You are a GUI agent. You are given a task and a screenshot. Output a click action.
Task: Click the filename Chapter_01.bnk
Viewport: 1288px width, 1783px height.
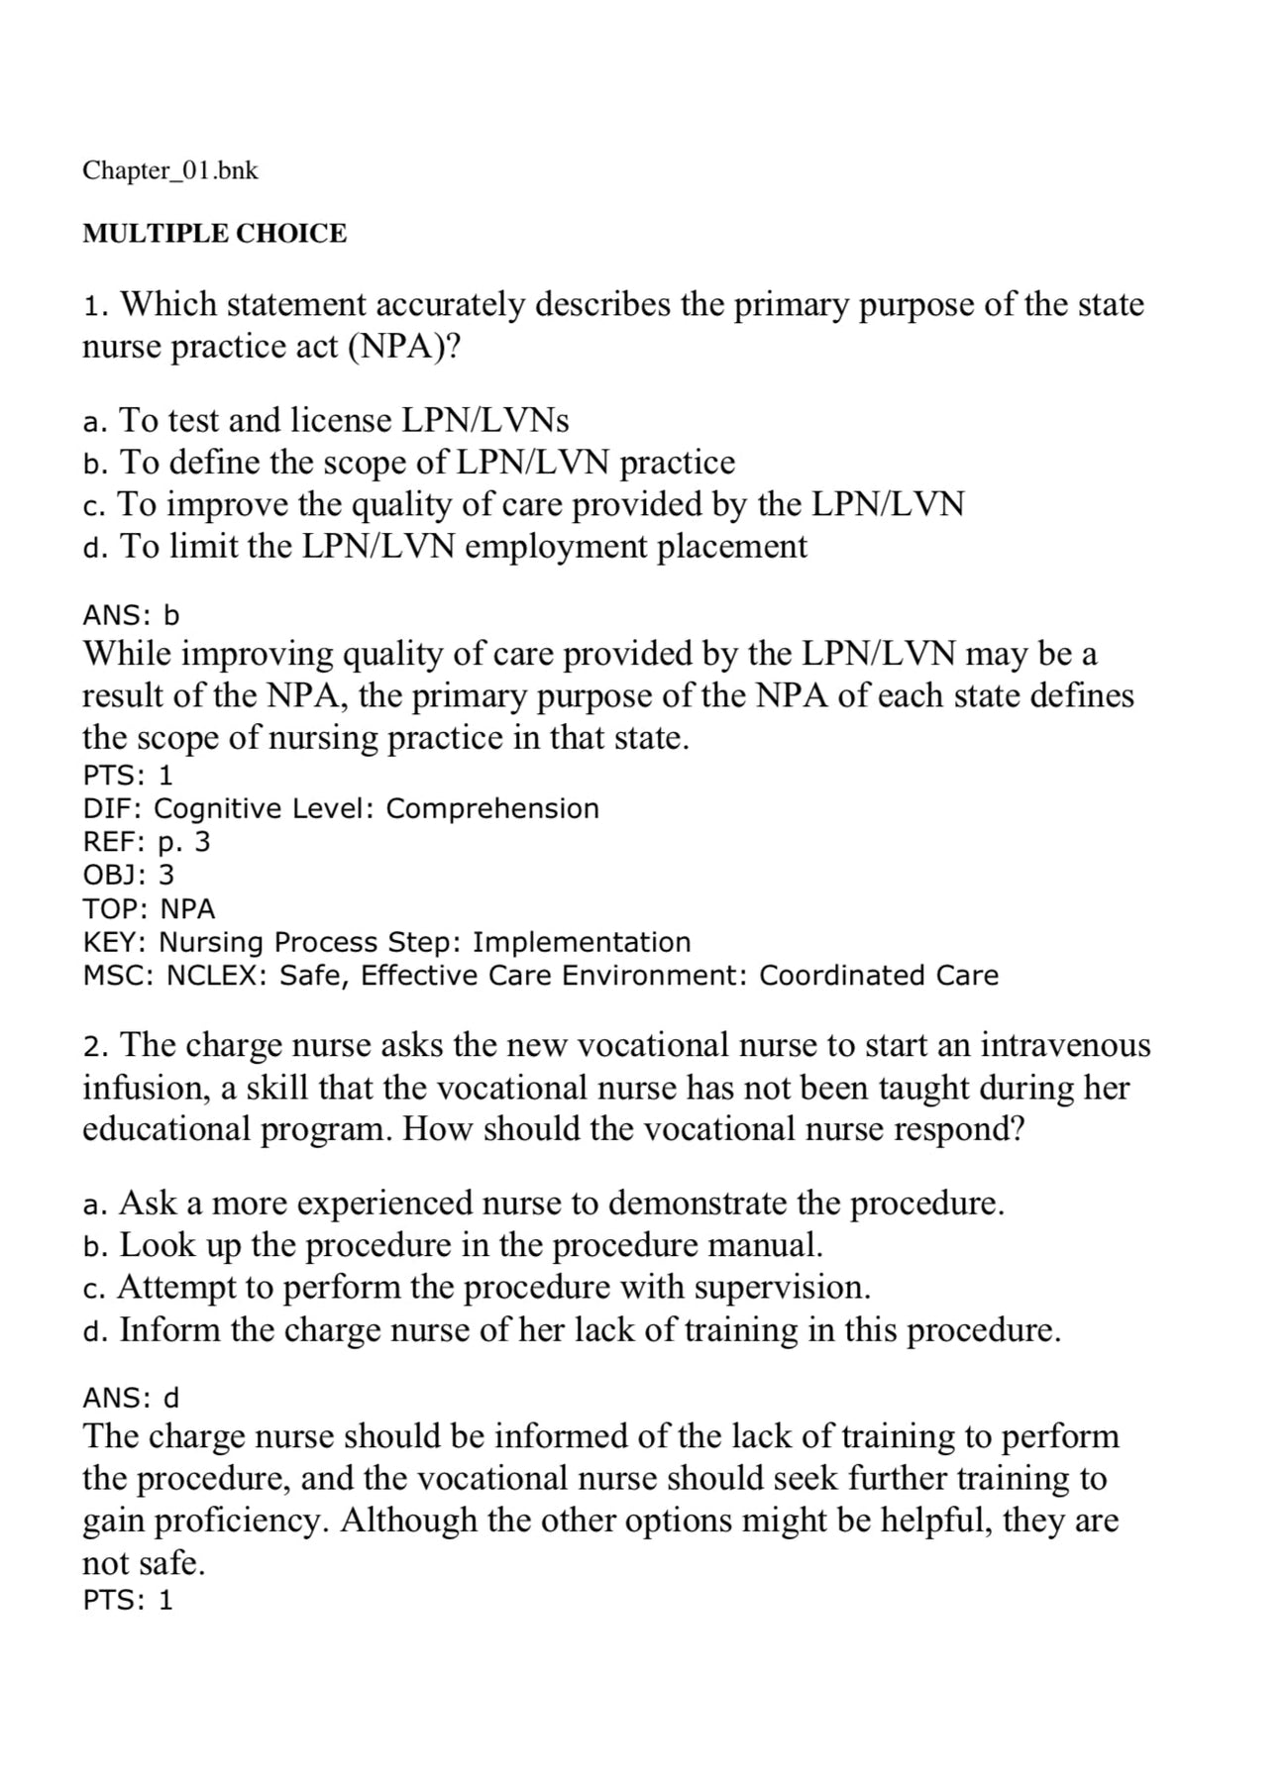click(170, 170)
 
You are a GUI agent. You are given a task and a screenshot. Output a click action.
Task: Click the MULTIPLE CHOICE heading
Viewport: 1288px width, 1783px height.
click(215, 234)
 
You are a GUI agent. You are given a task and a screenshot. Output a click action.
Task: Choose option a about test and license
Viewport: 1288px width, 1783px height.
click(327, 421)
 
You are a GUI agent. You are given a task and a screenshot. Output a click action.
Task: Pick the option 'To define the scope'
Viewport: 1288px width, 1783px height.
click(409, 463)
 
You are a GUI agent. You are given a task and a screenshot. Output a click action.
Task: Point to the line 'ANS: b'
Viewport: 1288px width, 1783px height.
click(131, 615)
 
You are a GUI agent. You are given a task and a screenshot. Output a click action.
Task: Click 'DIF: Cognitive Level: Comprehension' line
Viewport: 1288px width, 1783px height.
click(341, 808)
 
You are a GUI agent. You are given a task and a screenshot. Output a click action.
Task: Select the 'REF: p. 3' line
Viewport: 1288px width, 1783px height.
click(147, 842)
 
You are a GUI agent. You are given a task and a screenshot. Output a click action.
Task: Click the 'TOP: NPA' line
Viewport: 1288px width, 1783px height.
click(149, 908)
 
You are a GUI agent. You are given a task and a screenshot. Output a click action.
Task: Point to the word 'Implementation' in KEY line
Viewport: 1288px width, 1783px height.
click(582, 942)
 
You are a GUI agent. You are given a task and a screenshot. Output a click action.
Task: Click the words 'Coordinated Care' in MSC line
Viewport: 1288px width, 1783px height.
click(879, 976)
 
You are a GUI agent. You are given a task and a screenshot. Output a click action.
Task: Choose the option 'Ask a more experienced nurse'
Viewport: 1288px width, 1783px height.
click(545, 1204)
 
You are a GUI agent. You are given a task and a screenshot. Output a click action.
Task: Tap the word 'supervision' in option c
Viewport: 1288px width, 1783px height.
click(782, 1287)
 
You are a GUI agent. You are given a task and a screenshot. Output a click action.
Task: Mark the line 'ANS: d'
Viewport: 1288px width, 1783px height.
click(131, 1398)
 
